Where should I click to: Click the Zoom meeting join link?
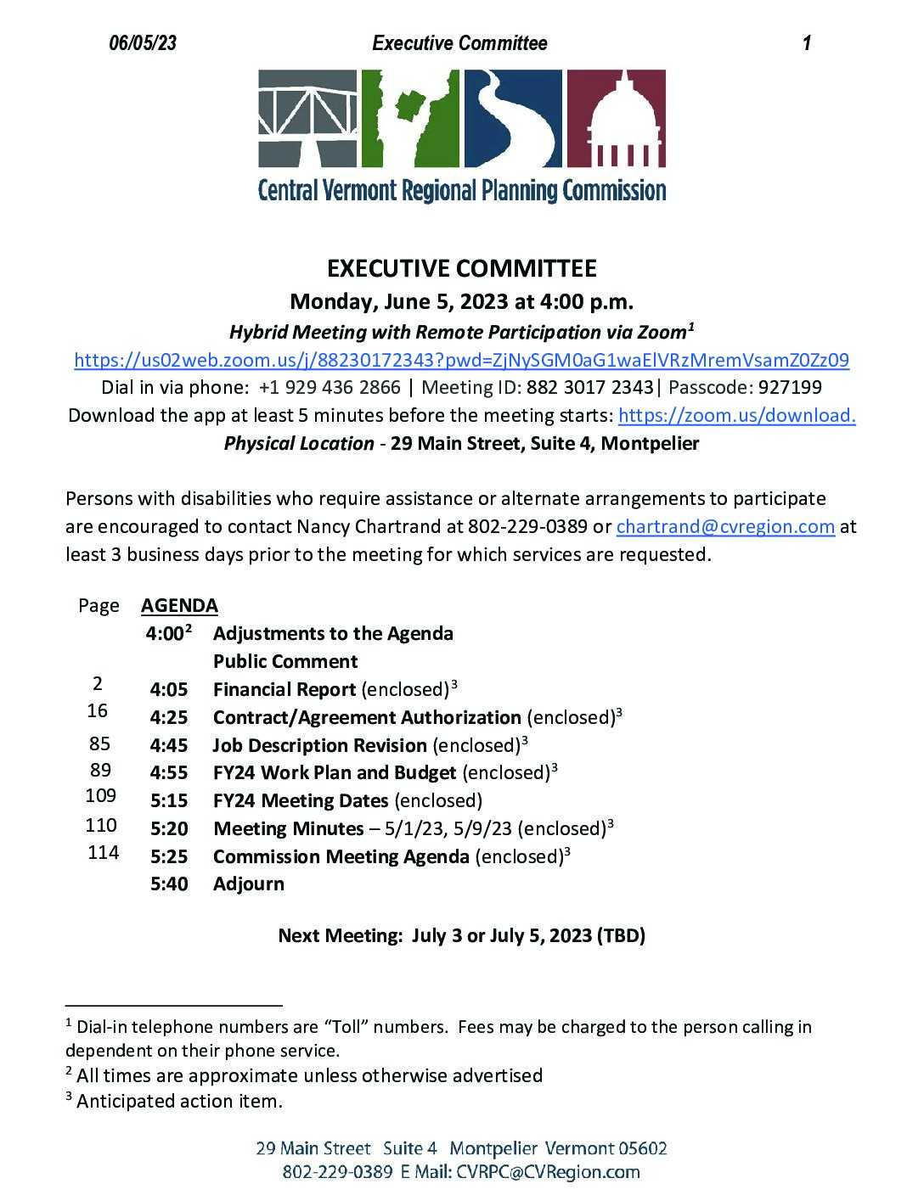coord(461,360)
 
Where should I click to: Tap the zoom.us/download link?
coord(736,415)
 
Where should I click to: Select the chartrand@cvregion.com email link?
coord(725,526)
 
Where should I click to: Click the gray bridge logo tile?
coord(307,118)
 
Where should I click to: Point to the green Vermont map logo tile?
coord(410,118)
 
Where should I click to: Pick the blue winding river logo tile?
coord(512,118)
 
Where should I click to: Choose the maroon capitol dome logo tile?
coord(616,118)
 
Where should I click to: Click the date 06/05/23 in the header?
coord(143,43)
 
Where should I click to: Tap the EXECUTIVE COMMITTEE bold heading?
coord(461,268)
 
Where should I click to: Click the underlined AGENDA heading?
coord(179,605)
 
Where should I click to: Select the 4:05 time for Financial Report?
coord(169,689)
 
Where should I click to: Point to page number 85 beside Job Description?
coord(99,743)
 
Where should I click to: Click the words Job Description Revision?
coord(319,745)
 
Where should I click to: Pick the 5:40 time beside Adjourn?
coord(169,884)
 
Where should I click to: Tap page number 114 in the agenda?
coord(103,852)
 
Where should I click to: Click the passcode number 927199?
coord(790,388)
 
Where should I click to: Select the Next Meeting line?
coord(461,935)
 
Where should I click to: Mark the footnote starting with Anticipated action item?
coord(178,1101)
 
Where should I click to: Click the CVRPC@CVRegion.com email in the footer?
coord(548,1172)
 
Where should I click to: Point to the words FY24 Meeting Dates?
coord(301,800)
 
